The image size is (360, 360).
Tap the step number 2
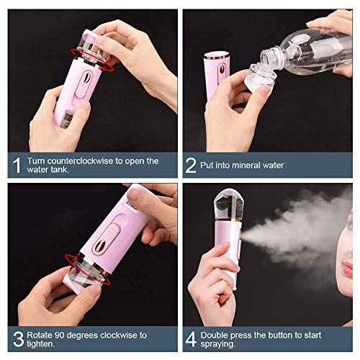tap(192, 165)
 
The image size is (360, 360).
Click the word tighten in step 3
tap(45, 345)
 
